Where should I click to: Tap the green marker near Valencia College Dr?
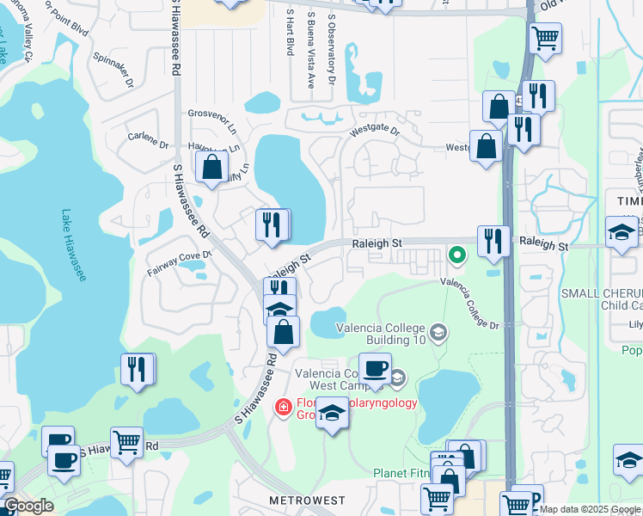tap(457, 254)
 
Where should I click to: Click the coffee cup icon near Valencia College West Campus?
tap(375, 369)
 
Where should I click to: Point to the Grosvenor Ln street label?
tap(212, 114)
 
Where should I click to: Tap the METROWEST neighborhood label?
tap(307, 501)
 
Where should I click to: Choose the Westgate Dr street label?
tap(375, 132)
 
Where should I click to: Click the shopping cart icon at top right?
tap(546, 38)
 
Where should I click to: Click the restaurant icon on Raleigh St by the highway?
tap(493, 241)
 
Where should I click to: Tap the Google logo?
tap(29, 506)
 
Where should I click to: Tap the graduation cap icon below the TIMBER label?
tap(621, 232)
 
